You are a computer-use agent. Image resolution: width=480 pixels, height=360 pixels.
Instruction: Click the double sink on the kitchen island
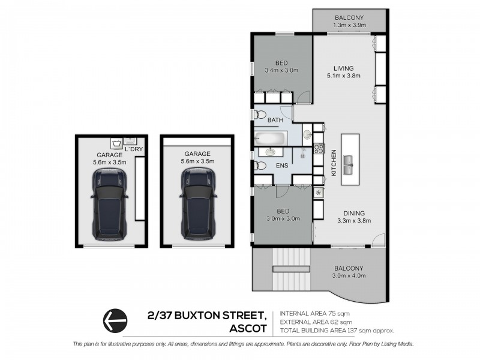[x=347, y=160]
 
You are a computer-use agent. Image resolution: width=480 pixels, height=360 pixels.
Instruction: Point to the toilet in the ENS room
[x=261, y=166]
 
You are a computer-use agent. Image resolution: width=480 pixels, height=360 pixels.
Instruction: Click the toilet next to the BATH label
[x=260, y=115]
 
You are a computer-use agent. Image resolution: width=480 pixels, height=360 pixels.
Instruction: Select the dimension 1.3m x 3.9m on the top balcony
[x=349, y=25]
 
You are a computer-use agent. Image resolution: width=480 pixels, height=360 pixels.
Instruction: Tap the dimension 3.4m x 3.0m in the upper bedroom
[x=281, y=70]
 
